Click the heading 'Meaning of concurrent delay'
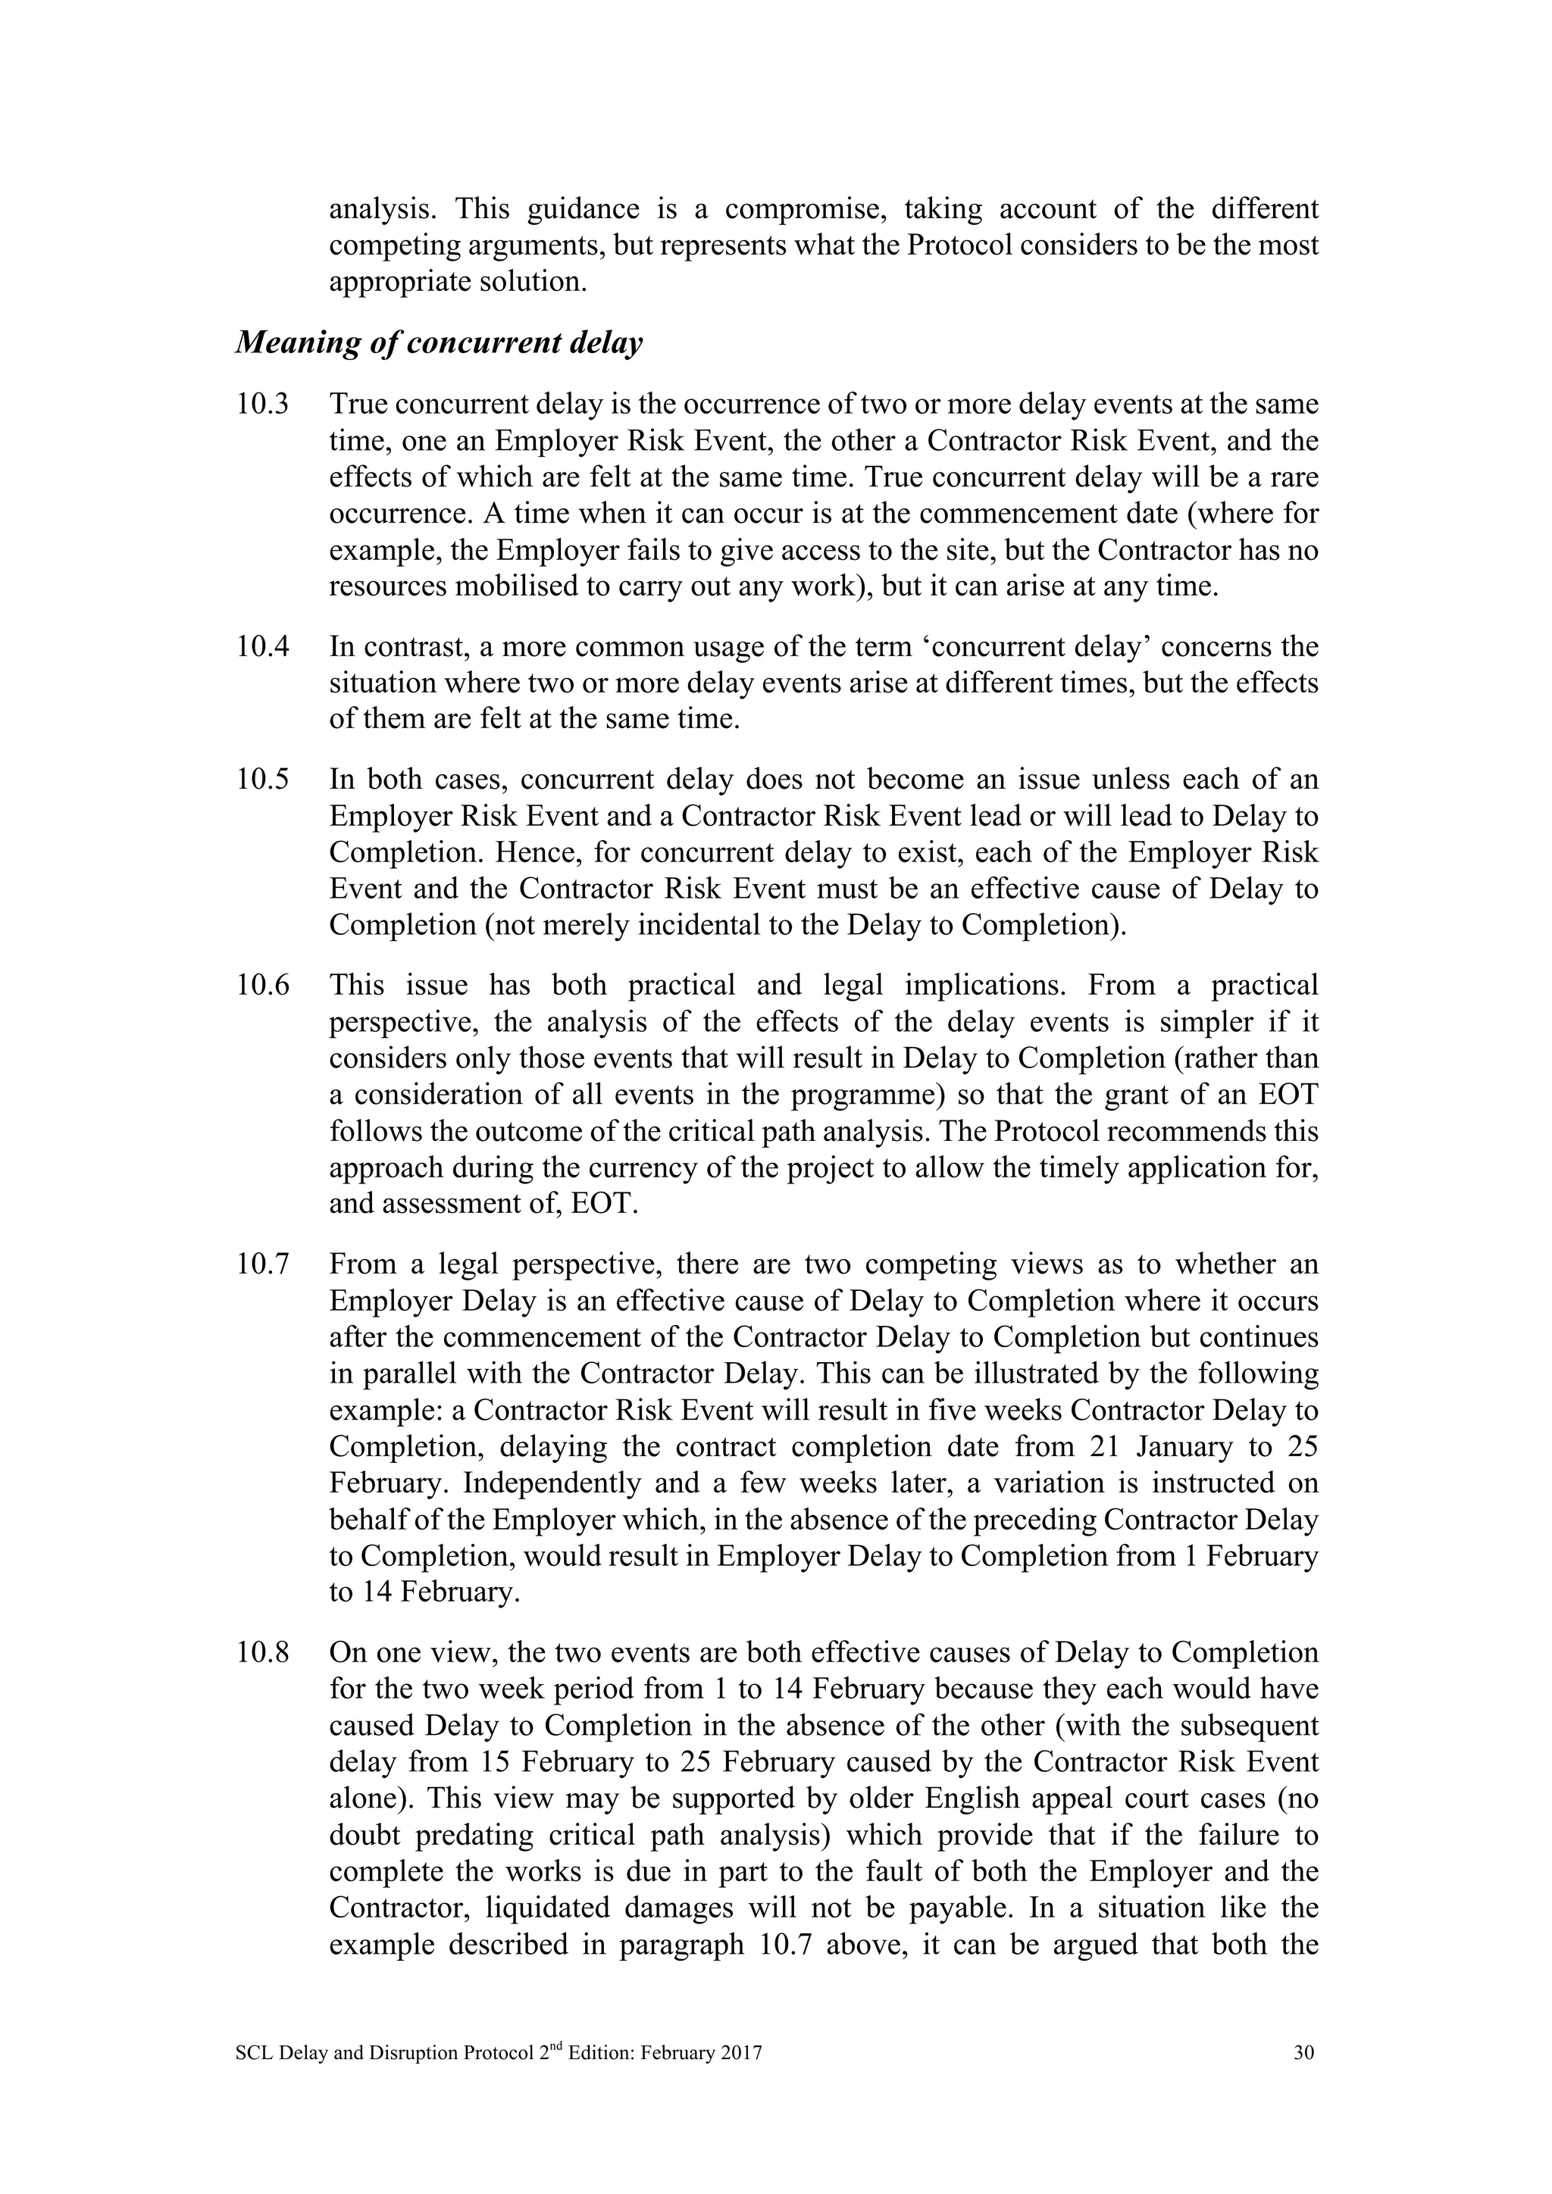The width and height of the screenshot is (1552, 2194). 439,343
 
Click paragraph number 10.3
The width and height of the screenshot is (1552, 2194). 262,405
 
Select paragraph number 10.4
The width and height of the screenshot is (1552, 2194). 262,647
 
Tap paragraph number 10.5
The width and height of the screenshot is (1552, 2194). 262,780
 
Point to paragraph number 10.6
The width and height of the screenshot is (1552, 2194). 262,985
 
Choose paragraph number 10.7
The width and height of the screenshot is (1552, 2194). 262,1264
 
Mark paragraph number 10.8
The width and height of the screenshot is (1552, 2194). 262,1652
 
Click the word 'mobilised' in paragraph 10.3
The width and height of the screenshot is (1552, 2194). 514,586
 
